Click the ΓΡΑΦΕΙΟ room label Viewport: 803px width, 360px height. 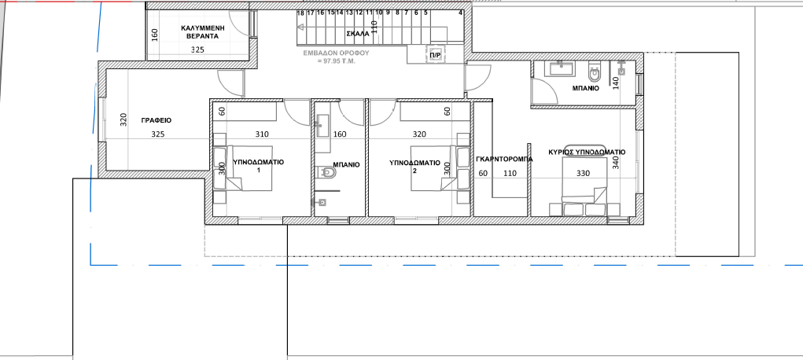tap(157, 120)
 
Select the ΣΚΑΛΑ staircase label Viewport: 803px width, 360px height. tap(358, 34)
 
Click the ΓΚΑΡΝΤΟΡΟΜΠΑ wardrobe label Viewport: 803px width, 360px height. tap(504, 159)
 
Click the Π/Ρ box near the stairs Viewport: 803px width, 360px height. tap(435, 55)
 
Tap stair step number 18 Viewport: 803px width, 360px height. tap(300, 13)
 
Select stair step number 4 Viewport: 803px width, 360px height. tap(460, 13)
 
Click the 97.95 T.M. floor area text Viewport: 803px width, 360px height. tap(336, 61)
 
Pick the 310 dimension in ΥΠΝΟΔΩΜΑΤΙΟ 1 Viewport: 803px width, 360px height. tap(262, 134)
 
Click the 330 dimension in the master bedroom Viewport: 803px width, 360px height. tap(583, 173)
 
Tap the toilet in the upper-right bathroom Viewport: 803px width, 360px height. tap(594, 72)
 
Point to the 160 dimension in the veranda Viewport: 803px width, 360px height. tap(155, 35)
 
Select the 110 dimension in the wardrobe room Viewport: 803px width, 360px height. tap(510, 174)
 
